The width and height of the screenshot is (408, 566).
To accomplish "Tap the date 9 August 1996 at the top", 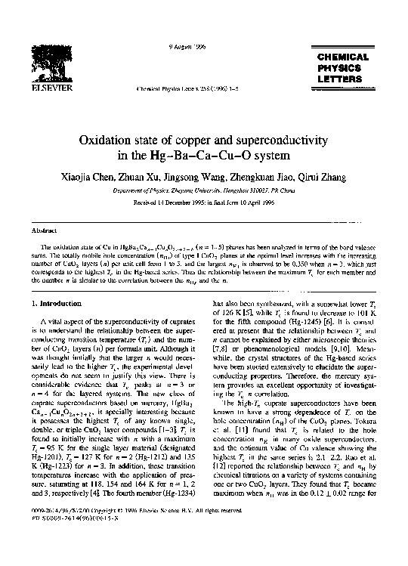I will tap(182, 48).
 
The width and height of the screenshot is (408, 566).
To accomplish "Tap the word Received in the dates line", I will tap(147, 205).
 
